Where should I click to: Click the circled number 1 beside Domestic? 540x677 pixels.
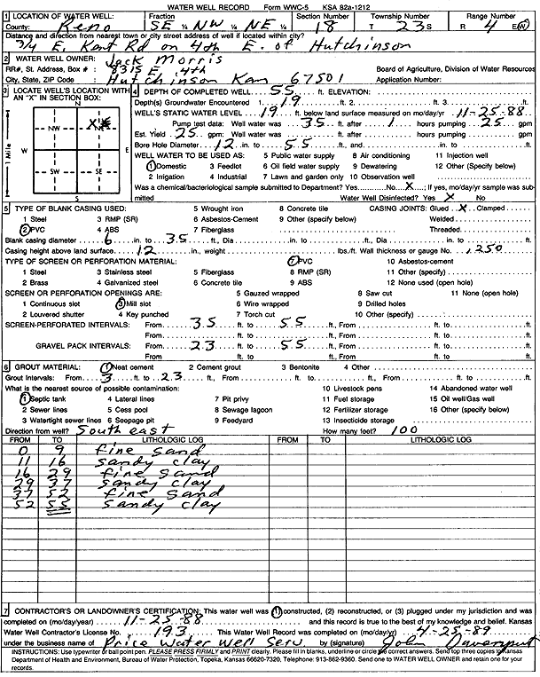(152, 166)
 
